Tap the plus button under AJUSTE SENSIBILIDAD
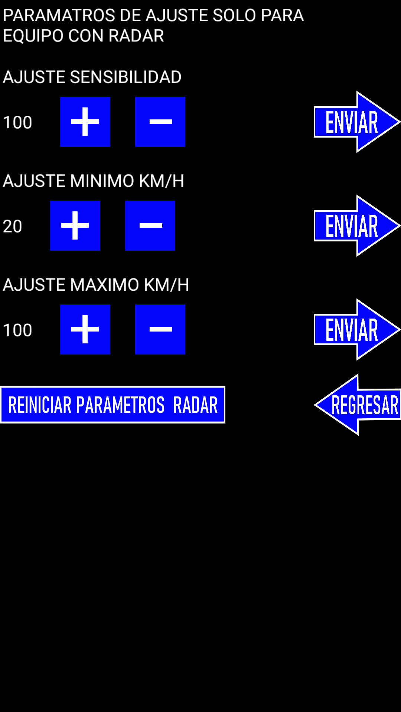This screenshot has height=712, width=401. point(85,122)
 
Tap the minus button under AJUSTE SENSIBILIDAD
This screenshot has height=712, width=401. point(160,122)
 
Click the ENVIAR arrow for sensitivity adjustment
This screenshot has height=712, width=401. point(357,122)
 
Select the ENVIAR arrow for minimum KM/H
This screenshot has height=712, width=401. point(357,225)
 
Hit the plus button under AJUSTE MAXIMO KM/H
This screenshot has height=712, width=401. point(85,329)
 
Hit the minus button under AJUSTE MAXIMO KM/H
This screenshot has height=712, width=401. point(160,329)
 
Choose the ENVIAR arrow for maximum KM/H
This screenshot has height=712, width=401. point(357,329)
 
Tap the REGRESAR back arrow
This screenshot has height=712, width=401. point(358,405)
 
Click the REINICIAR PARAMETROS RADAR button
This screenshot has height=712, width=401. point(113,405)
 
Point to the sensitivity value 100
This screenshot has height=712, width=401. point(17,122)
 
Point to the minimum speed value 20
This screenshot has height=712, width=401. point(13,226)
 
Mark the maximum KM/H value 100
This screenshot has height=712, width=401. point(17,330)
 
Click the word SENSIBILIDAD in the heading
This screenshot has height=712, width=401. point(125,77)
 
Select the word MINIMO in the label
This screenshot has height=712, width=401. point(102,181)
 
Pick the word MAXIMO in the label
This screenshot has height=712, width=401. point(104,285)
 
